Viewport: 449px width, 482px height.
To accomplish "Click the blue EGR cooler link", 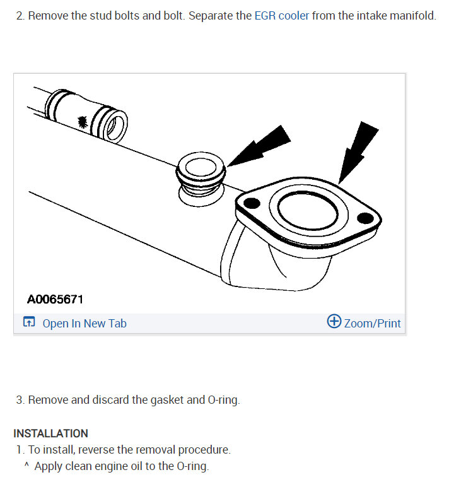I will tap(281, 16).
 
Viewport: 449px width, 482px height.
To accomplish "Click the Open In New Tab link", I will tap(85, 324).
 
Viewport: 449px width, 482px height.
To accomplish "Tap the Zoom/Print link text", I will tap(372, 324).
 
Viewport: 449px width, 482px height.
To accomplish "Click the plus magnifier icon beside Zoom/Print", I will tap(334, 322).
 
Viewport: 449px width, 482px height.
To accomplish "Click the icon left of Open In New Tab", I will tap(29, 322).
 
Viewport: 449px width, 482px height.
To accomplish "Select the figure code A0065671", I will tap(55, 299).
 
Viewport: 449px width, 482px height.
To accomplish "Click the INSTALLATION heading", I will tap(50, 433).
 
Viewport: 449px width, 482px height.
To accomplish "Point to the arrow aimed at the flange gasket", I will tap(357, 148).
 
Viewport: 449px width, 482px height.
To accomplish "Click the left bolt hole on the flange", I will tap(250, 204).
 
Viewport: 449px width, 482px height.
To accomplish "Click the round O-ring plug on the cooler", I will tap(200, 167).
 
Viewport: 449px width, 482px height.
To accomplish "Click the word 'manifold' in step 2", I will tap(413, 16).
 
